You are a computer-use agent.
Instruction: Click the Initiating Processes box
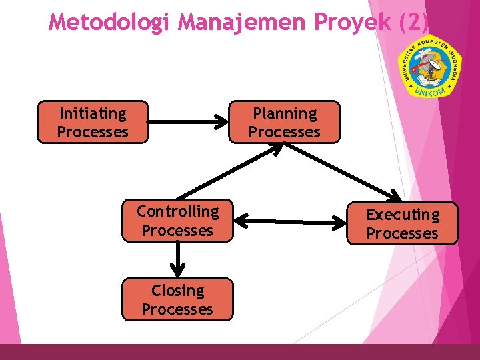point(92,122)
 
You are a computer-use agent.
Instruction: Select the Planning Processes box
point(284,122)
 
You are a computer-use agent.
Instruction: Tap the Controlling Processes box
point(177,221)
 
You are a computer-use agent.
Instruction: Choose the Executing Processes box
point(403,223)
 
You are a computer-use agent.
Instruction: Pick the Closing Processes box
point(177,299)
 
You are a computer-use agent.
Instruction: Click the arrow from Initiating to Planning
point(187,122)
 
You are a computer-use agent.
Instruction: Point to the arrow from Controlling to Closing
point(177,259)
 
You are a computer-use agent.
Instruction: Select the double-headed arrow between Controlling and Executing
point(290,220)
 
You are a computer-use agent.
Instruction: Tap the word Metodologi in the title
point(111,22)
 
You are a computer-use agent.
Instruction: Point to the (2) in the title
point(413,22)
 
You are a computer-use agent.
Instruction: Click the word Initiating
point(93,113)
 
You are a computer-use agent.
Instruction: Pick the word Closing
point(177,291)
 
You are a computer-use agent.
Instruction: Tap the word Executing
point(403,215)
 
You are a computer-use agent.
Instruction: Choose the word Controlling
point(177,211)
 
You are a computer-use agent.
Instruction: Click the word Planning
point(285,113)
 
